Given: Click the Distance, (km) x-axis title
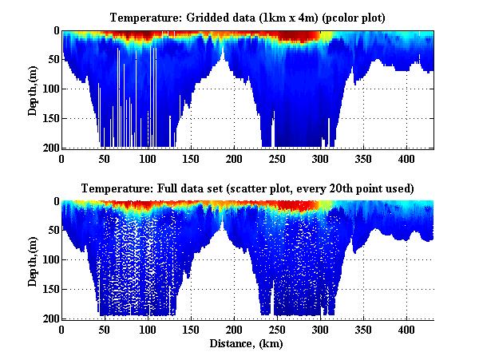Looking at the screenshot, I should (x=247, y=343).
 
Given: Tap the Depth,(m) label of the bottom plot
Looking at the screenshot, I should (x=33, y=260).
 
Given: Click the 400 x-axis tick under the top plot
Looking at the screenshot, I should (x=406, y=158).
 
